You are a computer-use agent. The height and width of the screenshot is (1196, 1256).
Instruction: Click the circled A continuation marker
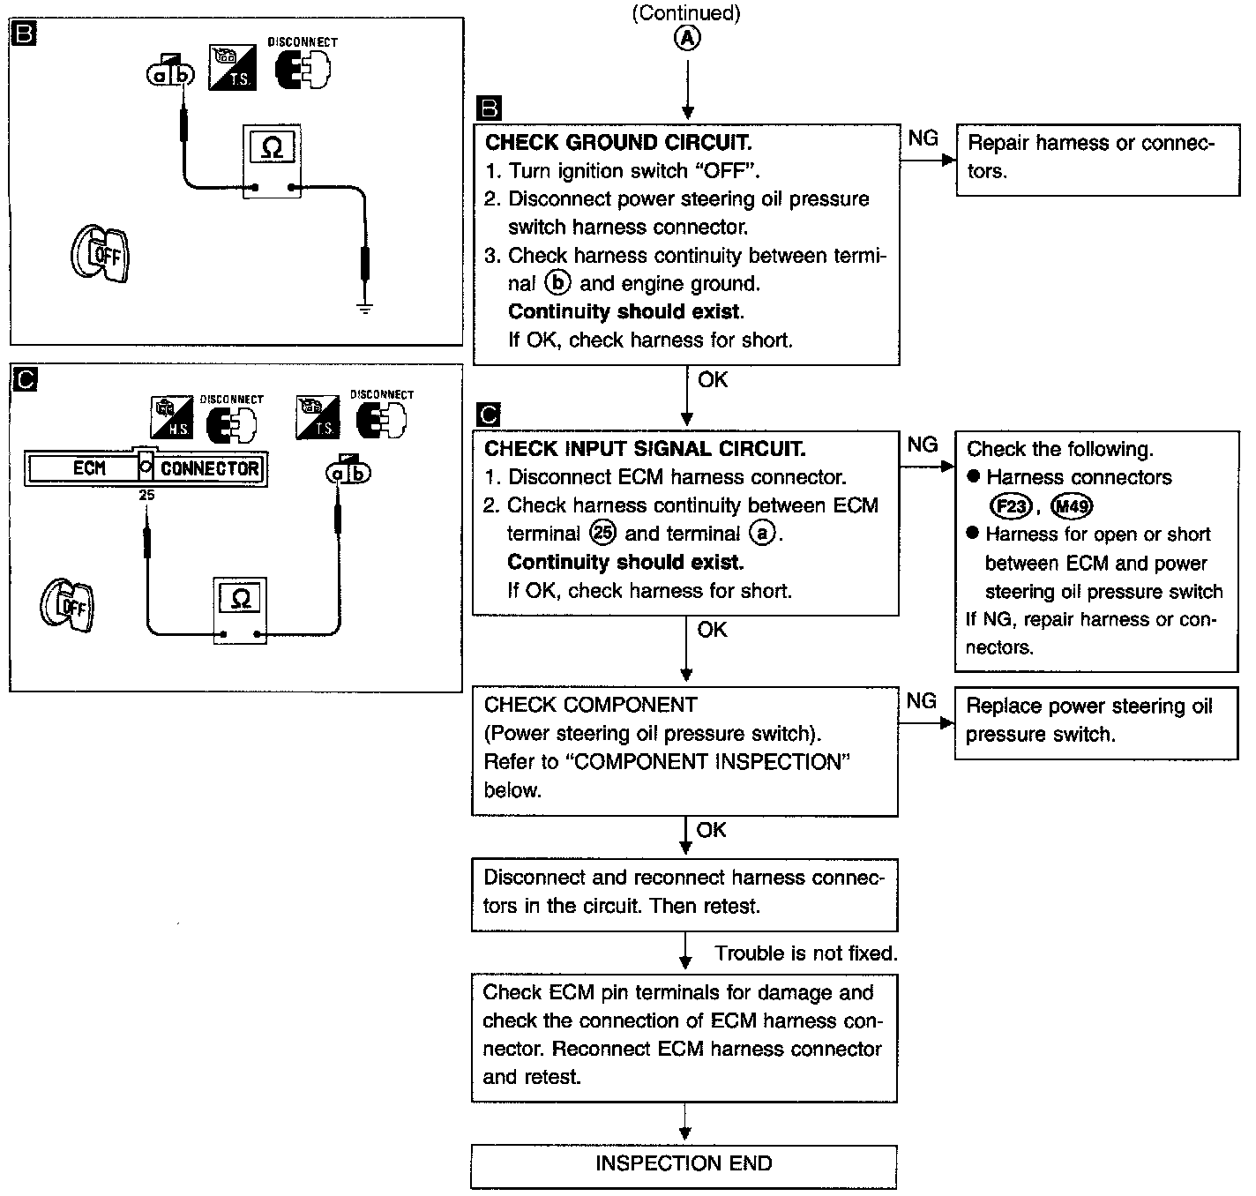click(x=687, y=37)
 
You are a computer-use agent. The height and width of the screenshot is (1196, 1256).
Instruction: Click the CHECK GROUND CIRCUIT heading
click(x=618, y=143)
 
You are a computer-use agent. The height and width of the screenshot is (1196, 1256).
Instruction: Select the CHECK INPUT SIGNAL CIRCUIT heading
click(x=645, y=449)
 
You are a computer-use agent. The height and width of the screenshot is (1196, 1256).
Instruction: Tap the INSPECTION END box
click(x=684, y=1164)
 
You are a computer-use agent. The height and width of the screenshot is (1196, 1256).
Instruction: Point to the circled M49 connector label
click(x=1072, y=506)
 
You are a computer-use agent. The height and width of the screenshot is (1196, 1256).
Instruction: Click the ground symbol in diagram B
click(x=364, y=307)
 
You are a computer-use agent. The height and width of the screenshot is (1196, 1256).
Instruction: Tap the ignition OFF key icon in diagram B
click(x=100, y=255)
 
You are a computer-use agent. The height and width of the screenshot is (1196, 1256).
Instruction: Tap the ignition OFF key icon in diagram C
click(x=68, y=605)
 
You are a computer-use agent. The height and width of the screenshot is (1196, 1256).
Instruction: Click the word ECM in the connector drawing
click(x=88, y=468)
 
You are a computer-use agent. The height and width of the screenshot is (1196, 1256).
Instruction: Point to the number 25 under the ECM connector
click(x=146, y=495)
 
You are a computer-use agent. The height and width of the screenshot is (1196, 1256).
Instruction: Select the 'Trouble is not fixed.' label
click(x=805, y=953)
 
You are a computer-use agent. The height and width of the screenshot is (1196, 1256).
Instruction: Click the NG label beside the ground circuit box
click(x=923, y=138)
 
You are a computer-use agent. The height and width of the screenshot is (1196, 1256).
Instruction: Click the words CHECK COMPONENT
click(x=590, y=706)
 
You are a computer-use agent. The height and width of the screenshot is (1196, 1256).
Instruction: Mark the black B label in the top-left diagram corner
click(x=24, y=34)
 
